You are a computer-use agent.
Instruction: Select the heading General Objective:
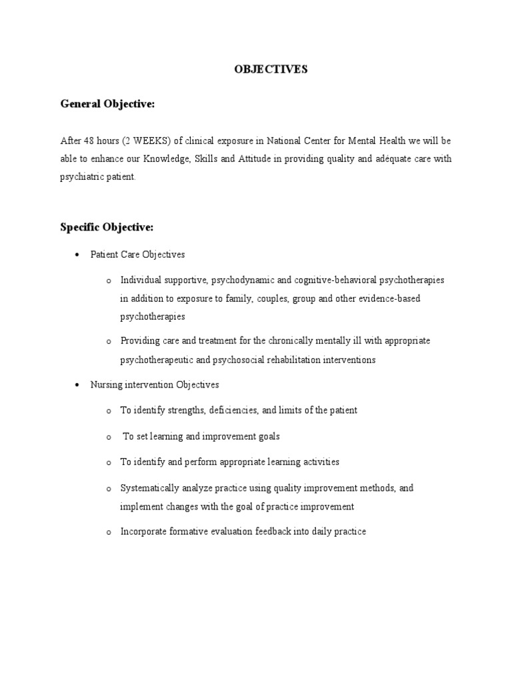point(107,104)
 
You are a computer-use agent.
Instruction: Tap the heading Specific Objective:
point(107,228)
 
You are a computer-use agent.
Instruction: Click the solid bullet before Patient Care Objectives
point(78,255)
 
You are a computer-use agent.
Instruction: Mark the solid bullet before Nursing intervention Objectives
point(78,386)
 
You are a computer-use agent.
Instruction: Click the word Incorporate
point(144,532)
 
